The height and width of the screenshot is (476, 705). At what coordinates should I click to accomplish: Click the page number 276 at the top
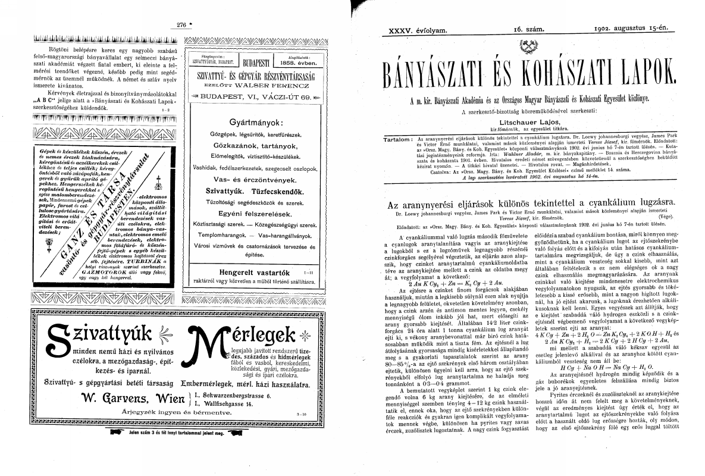(182, 24)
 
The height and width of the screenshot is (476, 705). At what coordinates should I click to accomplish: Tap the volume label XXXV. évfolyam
(413, 29)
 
